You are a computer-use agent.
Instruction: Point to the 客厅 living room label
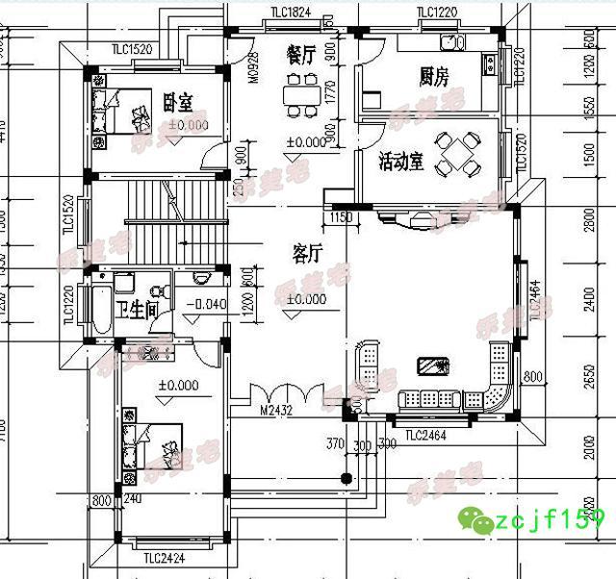(x=306, y=253)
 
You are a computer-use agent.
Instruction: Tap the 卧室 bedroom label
(x=179, y=99)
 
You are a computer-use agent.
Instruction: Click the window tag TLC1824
(x=291, y=13)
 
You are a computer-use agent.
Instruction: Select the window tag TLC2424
(x=165, y=557)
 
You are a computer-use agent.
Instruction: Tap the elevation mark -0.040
(x=205, y=305)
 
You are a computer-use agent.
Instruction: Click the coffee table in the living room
(x=435, y=365)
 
